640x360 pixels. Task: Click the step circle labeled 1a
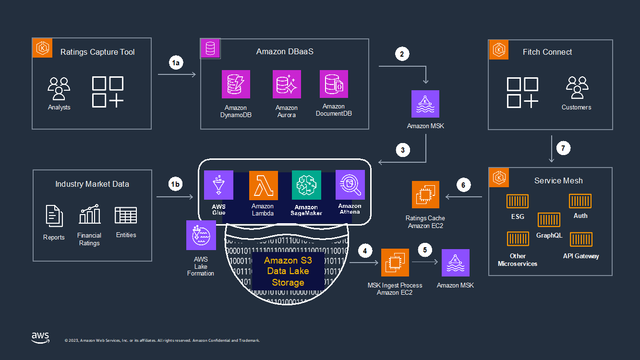point(176,63)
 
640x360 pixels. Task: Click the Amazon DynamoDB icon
point(236,84)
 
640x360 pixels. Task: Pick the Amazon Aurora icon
point(286,84)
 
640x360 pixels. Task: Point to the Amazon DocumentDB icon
point(334,84)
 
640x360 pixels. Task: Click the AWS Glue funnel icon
point(218,185)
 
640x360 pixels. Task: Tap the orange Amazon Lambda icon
point(263,185)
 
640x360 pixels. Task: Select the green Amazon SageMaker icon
point(306,185)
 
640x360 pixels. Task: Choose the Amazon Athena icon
point(350,185)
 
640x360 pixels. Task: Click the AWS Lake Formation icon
point(201,235)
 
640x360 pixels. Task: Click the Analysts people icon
point(59,89)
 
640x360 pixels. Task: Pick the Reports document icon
point(54,216)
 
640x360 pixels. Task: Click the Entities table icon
point(126,215)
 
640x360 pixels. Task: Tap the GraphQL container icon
point(549,220)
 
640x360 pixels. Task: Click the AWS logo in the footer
point(41,338)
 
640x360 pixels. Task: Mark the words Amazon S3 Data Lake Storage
point(288,272)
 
